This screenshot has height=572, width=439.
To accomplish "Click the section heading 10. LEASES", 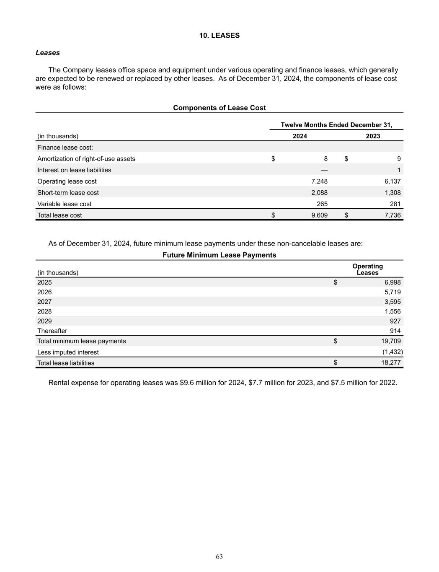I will (219, 36).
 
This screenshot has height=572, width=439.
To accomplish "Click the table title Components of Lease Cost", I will (219, 108).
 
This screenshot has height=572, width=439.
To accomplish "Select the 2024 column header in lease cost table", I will (300, 136).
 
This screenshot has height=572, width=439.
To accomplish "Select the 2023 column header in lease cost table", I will (373, 136).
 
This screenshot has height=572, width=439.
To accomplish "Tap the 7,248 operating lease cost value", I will (319, 181).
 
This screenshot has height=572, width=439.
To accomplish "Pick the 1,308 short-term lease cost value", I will (393, 193).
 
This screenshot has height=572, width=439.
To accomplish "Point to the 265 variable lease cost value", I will (322, 204).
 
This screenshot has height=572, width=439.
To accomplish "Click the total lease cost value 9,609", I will (319, 215).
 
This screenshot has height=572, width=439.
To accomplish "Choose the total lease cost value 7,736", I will (393, 215).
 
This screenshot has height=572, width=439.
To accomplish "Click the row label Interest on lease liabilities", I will (74, 170).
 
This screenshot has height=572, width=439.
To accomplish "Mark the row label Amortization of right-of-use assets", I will (86, 159).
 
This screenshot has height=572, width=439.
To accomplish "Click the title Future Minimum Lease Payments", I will (219, 255).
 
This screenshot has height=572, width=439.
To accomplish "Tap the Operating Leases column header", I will (367, 269).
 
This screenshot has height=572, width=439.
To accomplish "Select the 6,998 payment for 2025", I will (393, 282).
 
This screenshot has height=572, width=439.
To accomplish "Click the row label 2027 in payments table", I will (44, 302).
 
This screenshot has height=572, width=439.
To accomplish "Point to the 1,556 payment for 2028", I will (393, 311).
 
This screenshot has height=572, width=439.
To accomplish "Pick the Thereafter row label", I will (52, 331).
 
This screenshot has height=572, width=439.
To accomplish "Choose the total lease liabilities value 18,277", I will (391, 363).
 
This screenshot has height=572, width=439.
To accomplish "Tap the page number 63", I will (219, 556).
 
